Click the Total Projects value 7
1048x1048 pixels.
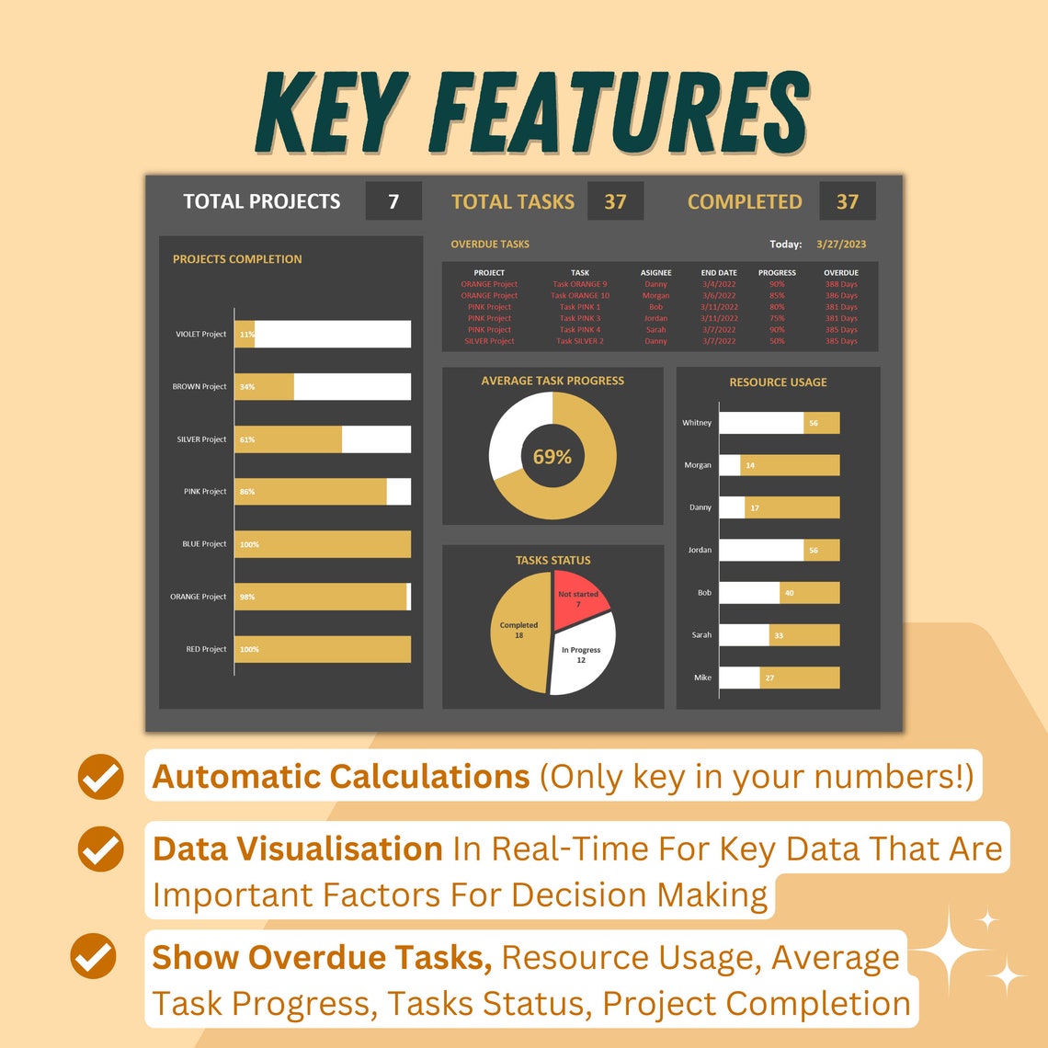click(393, 201)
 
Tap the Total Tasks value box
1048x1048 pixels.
click(615, 201)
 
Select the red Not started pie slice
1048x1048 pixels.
click(578, 595)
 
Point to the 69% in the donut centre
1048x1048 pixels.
click(552, 457)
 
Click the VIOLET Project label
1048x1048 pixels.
click(200, 334)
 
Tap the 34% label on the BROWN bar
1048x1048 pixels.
click(247, 387)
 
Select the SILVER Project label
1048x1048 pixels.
click(201, 439)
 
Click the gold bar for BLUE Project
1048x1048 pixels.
click(322, 544)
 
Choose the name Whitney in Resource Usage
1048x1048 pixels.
click(697, 423)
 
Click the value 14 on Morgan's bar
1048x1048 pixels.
click(750, 465)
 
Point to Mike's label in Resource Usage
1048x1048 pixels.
click(702, 678)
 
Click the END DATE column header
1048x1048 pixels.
click(719, 273)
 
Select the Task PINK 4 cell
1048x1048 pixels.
click(580, 329)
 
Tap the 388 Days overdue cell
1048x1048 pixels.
click(841, 284)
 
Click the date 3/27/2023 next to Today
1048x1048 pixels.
click(841, 245)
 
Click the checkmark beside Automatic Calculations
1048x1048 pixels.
click(100, 777)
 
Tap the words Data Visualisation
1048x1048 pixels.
click(298, 848)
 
